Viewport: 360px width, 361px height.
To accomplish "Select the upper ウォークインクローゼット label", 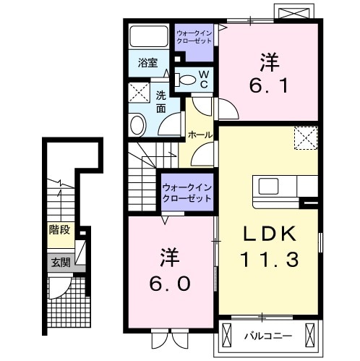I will [194, 38].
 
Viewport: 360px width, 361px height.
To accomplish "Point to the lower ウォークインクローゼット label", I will [186, 192].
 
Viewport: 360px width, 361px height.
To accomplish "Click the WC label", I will [204, 80].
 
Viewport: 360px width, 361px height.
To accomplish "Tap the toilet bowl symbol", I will [186, 80].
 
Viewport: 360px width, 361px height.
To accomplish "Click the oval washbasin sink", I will [138, 124].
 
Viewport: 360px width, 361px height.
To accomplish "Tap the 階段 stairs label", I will [60, 231].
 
